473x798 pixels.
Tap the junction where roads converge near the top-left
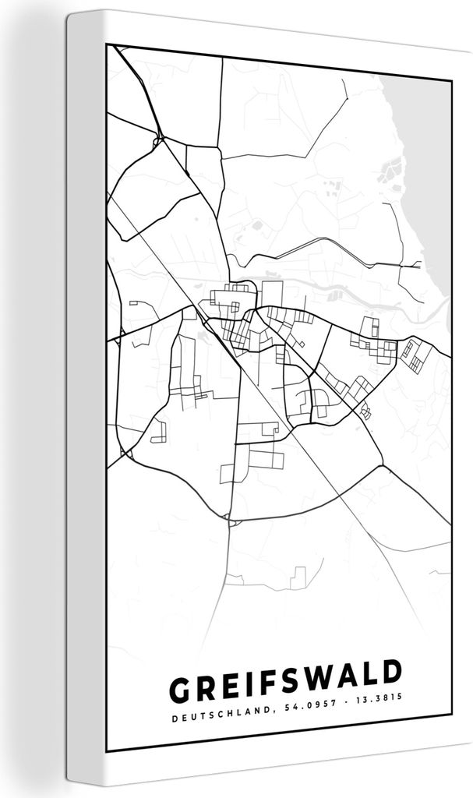point(158,141)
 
